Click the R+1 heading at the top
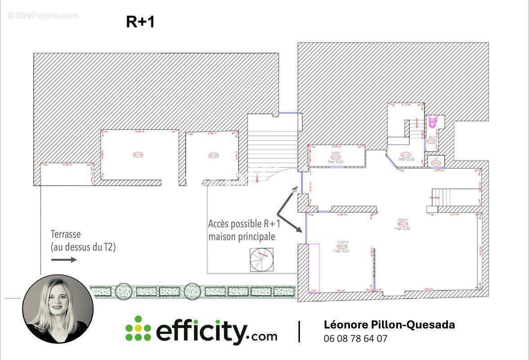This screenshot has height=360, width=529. pos(140,22)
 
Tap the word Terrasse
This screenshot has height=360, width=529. pos(66,234)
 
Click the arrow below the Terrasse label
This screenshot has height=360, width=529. pos(63,260)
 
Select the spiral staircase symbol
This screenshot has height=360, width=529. pos(261,260)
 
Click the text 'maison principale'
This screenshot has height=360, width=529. pos(241,236)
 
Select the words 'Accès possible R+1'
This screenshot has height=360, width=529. pos(244,224)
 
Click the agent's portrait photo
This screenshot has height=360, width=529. pos(58,309)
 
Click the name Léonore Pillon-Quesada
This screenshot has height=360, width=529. pos(389,325)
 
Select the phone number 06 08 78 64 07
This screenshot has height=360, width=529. pos(355,339)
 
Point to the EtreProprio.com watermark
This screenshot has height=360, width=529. pos(43,16)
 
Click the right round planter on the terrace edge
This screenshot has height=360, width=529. pos(192,291)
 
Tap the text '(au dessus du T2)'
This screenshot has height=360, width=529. pos(83,247)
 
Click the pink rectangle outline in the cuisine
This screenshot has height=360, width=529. pos(313,268)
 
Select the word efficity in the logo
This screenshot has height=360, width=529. pos(202,331)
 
